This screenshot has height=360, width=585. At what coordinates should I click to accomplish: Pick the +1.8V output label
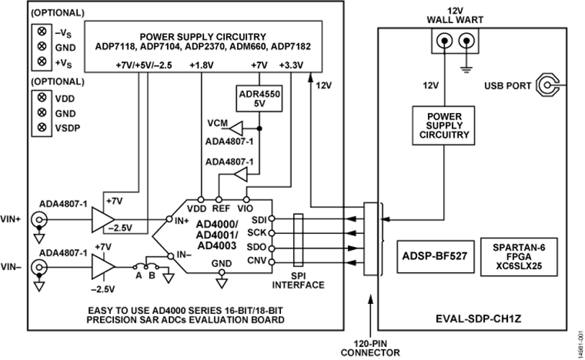(x=201, y=66)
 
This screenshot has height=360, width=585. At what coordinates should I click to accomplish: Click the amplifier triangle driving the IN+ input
(x=101, y=220)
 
